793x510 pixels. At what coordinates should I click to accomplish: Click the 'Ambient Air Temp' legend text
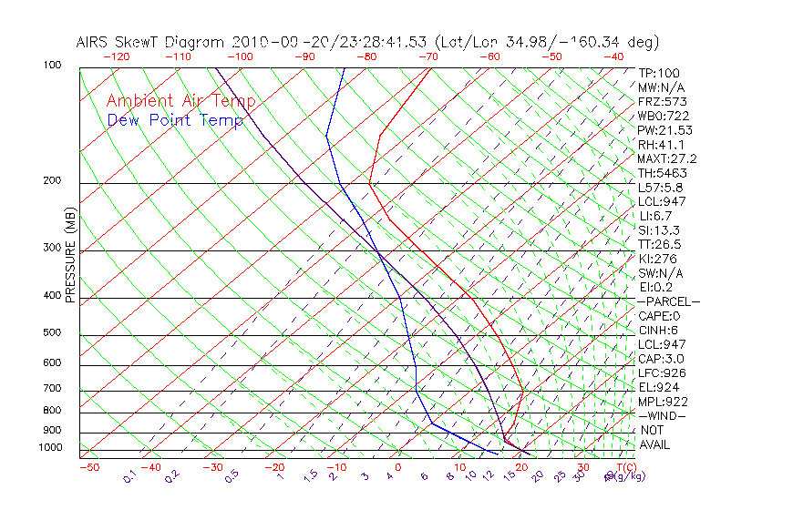click(180, 102)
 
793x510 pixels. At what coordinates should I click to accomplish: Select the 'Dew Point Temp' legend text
click(175, 120)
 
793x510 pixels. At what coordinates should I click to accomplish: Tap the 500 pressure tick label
click(52, 333)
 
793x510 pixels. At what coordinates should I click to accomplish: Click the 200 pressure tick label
click(52, 181)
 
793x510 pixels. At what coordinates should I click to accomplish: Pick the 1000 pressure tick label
click(49, 448)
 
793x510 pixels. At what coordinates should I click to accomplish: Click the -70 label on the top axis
click(427, 56)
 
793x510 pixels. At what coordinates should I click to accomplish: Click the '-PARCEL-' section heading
click(669, 301)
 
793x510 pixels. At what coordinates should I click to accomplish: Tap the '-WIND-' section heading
click(664, 415)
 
